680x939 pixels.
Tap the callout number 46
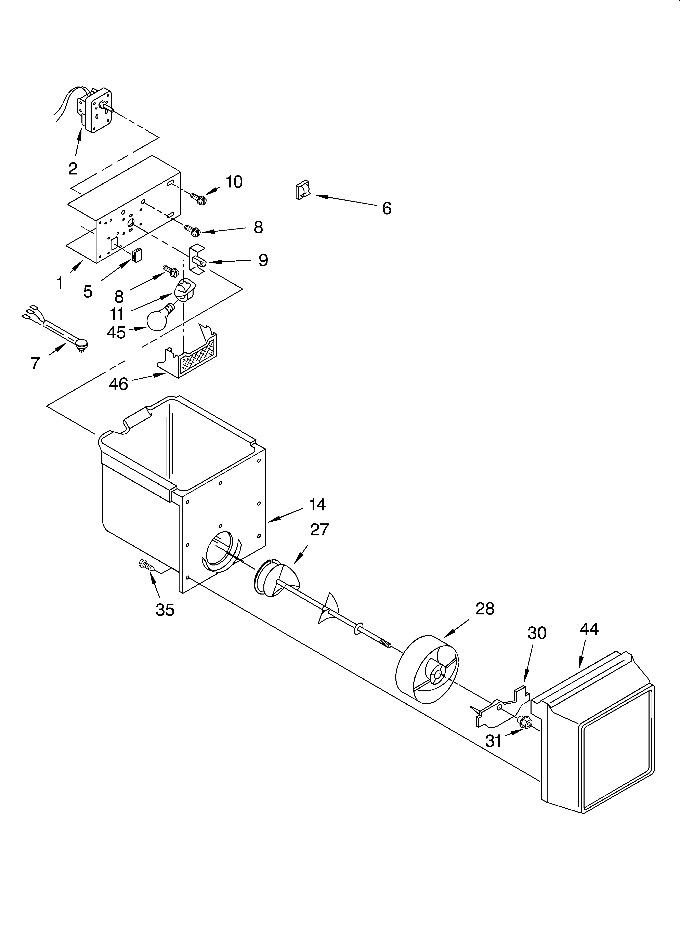point(118,384)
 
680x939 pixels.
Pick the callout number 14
point(317,504)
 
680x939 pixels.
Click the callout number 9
point(263,260)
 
